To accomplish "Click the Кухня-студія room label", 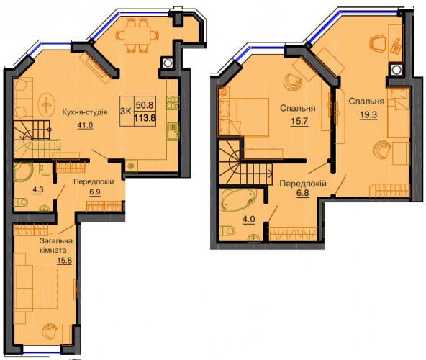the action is coord(84,112).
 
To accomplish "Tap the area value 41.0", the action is coord(85,125).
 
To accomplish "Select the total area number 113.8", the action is coord(145,119).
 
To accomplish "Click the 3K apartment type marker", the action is coord(126,111).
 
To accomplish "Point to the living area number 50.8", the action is coord(145,104).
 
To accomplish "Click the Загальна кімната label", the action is coord(56,245).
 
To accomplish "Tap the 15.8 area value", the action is coord(64,261).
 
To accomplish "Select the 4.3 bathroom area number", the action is coord(38,189).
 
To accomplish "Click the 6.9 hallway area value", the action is coord(95,192).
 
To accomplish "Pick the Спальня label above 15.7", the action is coord(297,108).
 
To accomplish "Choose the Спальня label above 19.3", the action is coord(366,102).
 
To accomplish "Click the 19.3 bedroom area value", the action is coord(368,115).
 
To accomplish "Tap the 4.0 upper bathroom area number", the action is coord(249,219).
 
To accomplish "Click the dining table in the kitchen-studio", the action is coord(137,35).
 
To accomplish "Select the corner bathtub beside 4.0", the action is coord(238,200).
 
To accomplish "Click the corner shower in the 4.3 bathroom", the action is coord(23,172).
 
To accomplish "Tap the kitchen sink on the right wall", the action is coord(173,132).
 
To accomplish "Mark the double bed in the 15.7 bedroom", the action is coord(244,117).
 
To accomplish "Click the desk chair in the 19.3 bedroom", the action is coord(378,43).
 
